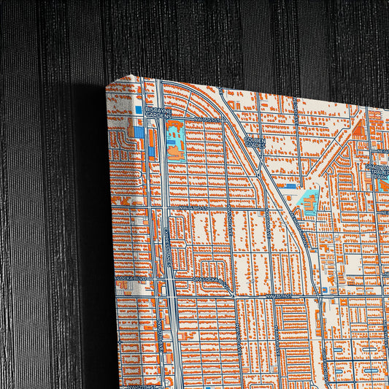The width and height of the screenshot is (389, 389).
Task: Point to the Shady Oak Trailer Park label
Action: [x=378, y=171]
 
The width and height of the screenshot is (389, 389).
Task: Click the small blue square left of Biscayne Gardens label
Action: [x=138, y=110]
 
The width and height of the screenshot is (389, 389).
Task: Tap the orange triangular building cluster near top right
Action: [x=359, y=130]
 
